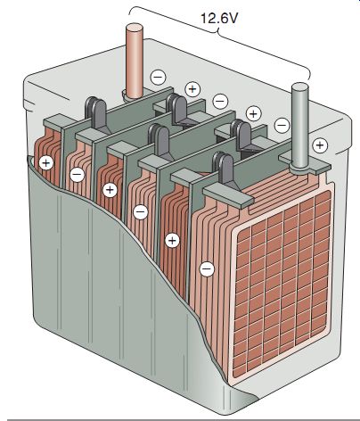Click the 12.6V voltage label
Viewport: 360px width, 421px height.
tap(219, 18)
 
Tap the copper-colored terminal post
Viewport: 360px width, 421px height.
tap(135, 61)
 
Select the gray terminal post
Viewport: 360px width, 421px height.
tap(299, 125)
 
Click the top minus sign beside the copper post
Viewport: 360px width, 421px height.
tap(158, 78)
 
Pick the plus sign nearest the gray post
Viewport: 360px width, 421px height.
tap(320, 145)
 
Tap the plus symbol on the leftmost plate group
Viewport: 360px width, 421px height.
tap(46, 162)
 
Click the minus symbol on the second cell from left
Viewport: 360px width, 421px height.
tap(78, 174)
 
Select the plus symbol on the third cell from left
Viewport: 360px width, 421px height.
tap(110, 190)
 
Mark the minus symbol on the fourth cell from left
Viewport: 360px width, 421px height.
tap(141, 212)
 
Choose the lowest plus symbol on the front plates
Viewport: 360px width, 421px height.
tap(172, 240)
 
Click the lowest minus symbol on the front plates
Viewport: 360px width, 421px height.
tap(207, 269)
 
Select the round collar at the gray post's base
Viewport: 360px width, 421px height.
tap(300, 169)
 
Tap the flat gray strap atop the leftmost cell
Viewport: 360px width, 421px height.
tap(53, 122)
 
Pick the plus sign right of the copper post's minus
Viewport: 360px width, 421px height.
tap(192, 89)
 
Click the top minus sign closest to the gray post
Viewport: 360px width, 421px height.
tap(282, 125)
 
